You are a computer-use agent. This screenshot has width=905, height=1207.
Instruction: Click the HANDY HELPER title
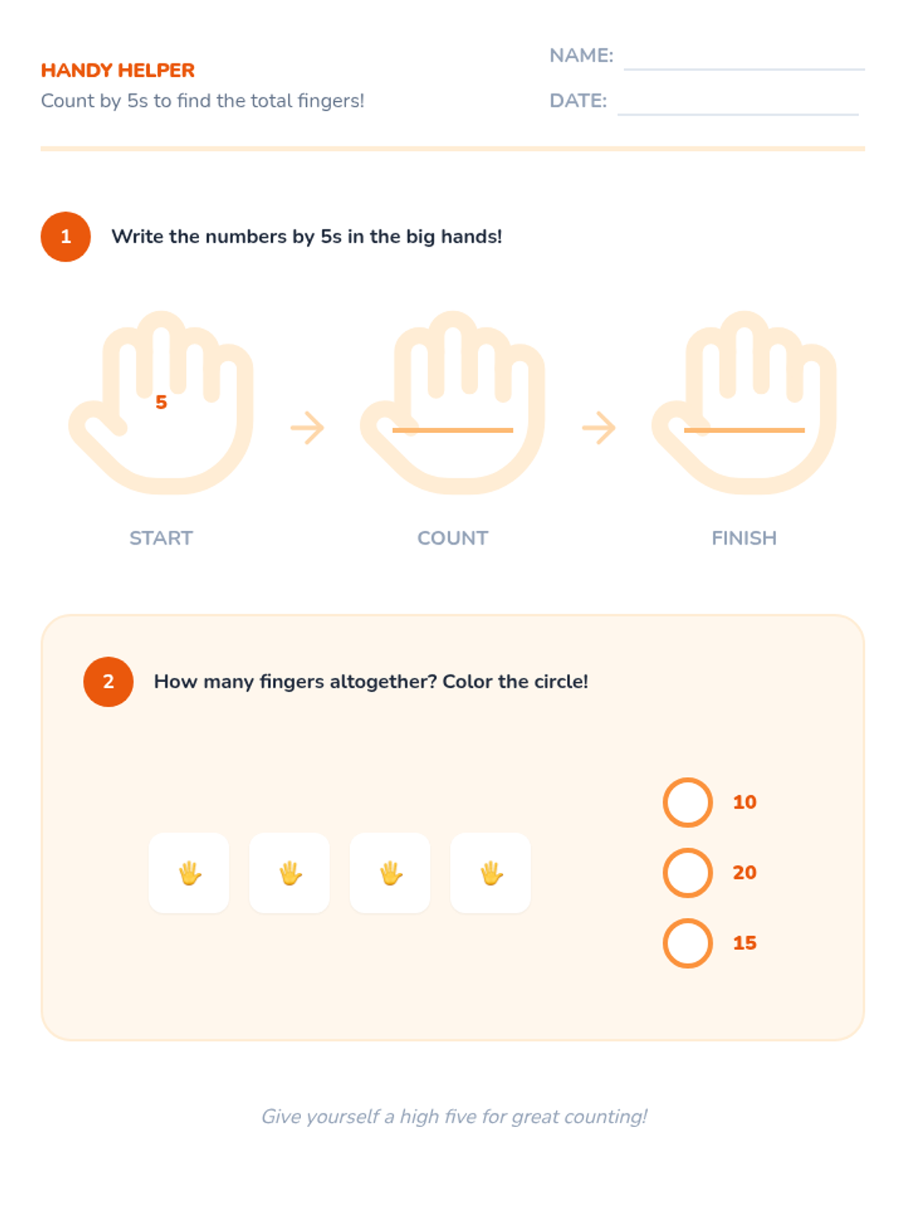click(x=118, y=70)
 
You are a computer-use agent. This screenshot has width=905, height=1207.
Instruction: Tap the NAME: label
click(x=581, y=56)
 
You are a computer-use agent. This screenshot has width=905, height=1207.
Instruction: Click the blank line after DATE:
click(x=738, y=115)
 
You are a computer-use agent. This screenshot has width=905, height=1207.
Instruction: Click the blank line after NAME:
click(x=744, y=69)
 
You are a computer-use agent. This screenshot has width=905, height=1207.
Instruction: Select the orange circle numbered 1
click(x=66, y=236)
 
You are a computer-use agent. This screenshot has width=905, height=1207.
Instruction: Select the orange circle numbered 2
click(x=109, y=681)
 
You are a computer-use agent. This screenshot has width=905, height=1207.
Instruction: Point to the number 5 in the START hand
click(x=161, y=402)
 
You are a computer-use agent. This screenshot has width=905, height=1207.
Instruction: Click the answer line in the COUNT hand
click(x=452, y=430)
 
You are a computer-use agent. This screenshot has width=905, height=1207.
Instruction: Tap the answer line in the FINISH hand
click(x=744, y=430)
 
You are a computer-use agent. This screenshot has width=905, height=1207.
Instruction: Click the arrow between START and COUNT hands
click(x=307, y=427)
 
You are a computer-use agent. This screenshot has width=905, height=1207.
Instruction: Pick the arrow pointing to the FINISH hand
click(x=598, y=427)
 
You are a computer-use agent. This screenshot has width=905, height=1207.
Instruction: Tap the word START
click(x=161, y=538)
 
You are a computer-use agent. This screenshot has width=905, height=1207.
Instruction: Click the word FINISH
click(x=744, y=538)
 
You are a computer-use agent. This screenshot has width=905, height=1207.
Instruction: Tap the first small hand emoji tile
click(x=189, y=873)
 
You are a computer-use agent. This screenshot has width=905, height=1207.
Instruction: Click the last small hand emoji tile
click(x=490, y=873)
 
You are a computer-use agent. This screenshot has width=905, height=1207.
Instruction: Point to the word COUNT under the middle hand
click(x=452, y=538)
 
